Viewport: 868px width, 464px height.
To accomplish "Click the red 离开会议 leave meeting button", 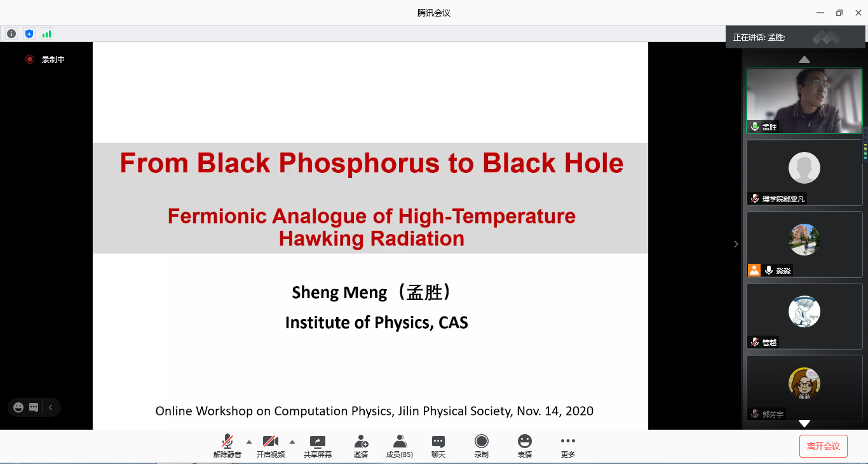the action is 823,446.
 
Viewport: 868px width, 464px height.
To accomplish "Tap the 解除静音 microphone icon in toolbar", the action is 227,441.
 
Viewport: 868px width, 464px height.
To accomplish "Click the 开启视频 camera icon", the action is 271,441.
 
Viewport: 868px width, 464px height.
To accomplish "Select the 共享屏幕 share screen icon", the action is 317,441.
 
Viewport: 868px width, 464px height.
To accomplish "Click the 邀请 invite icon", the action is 361,441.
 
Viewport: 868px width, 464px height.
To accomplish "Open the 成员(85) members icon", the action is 400,441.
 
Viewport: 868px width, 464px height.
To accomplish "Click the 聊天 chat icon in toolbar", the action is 438,442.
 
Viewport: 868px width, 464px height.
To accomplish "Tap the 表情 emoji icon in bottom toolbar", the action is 525,441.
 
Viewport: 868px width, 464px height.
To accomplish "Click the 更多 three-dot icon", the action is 567,440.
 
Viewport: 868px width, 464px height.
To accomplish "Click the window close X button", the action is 858,13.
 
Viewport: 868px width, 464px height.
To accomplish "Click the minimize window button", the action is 820,13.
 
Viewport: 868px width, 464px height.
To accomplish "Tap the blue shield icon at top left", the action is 29,34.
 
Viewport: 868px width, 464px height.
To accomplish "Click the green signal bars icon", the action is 46,34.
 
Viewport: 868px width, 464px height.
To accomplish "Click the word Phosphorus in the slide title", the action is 359,163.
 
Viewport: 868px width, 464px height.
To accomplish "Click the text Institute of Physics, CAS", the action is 377,322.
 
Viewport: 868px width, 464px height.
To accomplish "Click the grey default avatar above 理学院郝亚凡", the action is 804,168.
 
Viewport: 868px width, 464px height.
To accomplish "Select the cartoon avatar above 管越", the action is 804,311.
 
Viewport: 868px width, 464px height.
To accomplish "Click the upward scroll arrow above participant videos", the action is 804,59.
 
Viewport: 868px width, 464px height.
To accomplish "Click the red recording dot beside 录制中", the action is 30,59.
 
